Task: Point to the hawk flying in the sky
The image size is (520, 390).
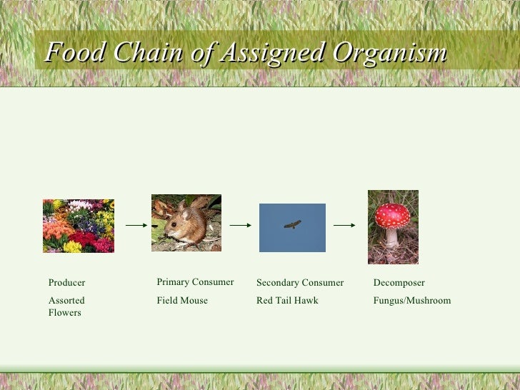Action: point(292,224)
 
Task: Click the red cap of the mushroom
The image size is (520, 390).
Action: point(393,214)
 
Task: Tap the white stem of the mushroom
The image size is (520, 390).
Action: point(392,236)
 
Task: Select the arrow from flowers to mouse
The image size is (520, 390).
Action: point(136,225)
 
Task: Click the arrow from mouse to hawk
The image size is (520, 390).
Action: point(240,225)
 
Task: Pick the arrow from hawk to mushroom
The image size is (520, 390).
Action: point(344,225)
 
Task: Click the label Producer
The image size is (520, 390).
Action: point(66,283)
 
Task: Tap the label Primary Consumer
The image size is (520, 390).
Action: point(195,282)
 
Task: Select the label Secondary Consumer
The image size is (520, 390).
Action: point(300,283)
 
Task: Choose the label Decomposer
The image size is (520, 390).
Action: point(399,283)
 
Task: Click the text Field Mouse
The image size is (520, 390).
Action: point(182,301)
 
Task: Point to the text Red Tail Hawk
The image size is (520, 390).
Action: point(287,301)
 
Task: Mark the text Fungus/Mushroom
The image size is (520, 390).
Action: point(412,301)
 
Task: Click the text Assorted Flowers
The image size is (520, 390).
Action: point(66,306)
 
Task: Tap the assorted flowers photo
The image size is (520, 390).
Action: point(79,226)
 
